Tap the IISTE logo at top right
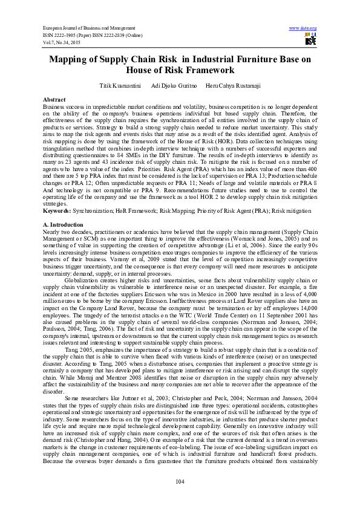pyautogui.click(x=310, y=40)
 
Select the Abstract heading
pyautogui.click(x=54, y=99)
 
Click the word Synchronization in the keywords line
pyautogui.click(x=98, y=228)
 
